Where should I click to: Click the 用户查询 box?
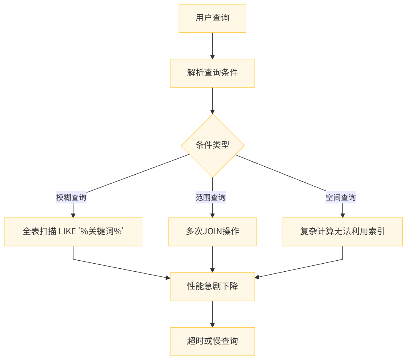212,18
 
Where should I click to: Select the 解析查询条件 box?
212,73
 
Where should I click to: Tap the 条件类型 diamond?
212,145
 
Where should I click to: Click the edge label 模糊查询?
71,197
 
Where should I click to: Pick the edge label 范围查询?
211,197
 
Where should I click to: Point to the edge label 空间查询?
341,197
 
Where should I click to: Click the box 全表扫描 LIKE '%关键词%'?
73,232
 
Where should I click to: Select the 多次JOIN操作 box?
212,232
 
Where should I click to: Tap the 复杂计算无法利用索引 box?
343,232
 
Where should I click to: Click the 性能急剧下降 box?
212,286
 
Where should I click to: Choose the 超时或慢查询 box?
212,341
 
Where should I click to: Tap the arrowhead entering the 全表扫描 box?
73,215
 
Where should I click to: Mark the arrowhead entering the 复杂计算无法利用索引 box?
343,215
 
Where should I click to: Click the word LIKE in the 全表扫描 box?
67,232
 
